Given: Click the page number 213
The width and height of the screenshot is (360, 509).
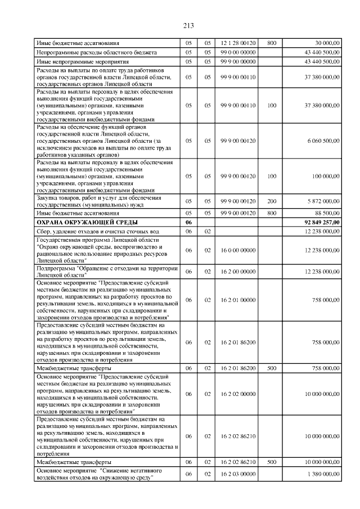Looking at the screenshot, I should pos(188,25).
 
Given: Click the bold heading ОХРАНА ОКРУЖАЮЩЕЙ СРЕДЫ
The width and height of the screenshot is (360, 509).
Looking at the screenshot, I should pos(79,223).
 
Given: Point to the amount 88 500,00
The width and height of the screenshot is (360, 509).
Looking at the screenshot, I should pos(327,214).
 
